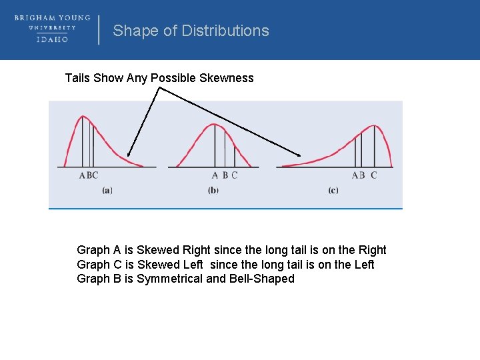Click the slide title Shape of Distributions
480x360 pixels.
(191, 31)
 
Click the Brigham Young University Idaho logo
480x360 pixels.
(52, 29)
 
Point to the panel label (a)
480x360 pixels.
(107, 190)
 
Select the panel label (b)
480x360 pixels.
(213, 190)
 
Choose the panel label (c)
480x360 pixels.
(333, 190)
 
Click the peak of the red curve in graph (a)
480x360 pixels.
(83, 117)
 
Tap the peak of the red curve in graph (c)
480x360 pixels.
(373, 125)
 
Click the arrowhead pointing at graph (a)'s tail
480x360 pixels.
(129, 155)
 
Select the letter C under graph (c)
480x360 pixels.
(373, 175)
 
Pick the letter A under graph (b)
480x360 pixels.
(215, 175)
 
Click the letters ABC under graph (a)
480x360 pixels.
(89, 175)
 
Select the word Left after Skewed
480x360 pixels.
(194, 265)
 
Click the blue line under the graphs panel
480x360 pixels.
(225, 209)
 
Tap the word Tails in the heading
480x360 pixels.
(77, 78)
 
